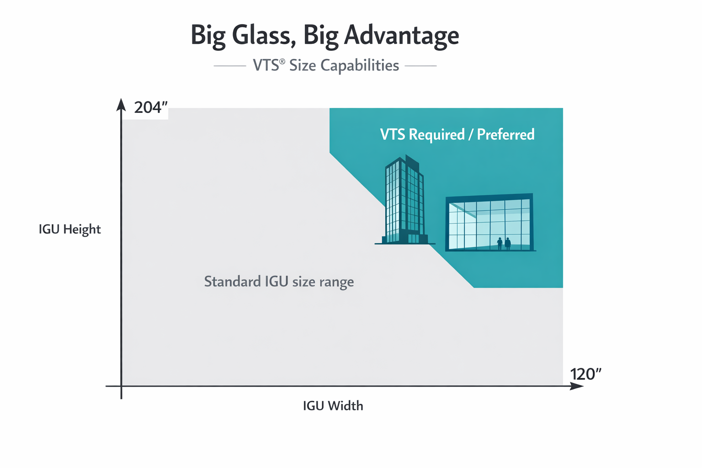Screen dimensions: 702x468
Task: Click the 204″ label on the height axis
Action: (x=151, y=107)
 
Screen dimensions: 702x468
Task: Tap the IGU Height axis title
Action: (x=69, y=229)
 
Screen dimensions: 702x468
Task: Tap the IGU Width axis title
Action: (x=333, y=406)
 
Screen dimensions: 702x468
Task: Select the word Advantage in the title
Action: (x=401, y=36)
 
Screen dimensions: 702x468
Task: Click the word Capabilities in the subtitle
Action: (x=360, y=65)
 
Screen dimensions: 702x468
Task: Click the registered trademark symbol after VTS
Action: (x=282, y=61)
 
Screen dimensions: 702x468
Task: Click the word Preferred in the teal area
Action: (x=505, y=134)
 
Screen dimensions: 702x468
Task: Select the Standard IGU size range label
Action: (x=279, y=282)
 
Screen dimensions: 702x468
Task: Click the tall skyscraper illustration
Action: (x=404, y=199)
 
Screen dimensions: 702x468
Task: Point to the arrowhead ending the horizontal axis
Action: (x=577, y=386)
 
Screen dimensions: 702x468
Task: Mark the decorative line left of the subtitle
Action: (x=230, y=66)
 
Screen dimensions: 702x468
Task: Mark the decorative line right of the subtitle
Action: (x=420, y=66)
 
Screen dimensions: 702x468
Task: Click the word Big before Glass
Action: (x=208, y=36)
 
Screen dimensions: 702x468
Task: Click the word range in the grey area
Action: (x=336, y=282)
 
